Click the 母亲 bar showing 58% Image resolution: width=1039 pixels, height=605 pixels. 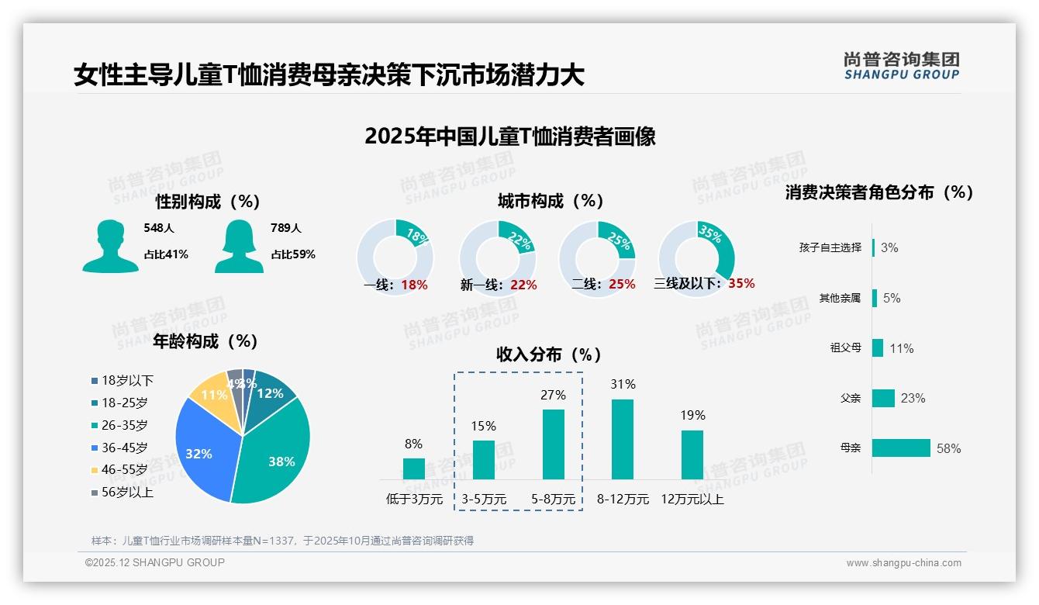pyautogui.click(x=901, y=448)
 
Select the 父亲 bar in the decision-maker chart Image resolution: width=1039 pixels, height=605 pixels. pyautogui.click(x=883, y=398)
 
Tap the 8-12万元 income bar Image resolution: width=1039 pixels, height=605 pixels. pyautogui.click(x=623, y=439)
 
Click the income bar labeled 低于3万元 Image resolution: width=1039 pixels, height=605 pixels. pyautogui.click(x=414, y=468)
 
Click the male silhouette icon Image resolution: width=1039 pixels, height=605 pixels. pyautogui.click(x=110, y=246)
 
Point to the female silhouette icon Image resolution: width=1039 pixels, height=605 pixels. pyautogui.click(x=239, y=246)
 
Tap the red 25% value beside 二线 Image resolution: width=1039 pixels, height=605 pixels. pyautogui.click(x=622, y=284)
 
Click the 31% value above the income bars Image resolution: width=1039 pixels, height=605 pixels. pyautogui.click(x=623, y=384)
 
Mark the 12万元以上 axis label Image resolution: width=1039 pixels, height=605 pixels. pyautogui.click(x=692, y=499)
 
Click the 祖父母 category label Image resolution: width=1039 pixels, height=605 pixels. pyautogui.click(x=845, y=347)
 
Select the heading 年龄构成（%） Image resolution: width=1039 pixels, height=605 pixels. pyautogui.click(x=205, y=341)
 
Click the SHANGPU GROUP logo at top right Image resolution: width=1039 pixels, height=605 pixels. pyautogui.click(x=901, y=66)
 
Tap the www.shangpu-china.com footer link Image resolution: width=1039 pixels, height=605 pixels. pyautogui.click(x=903, y=562)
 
